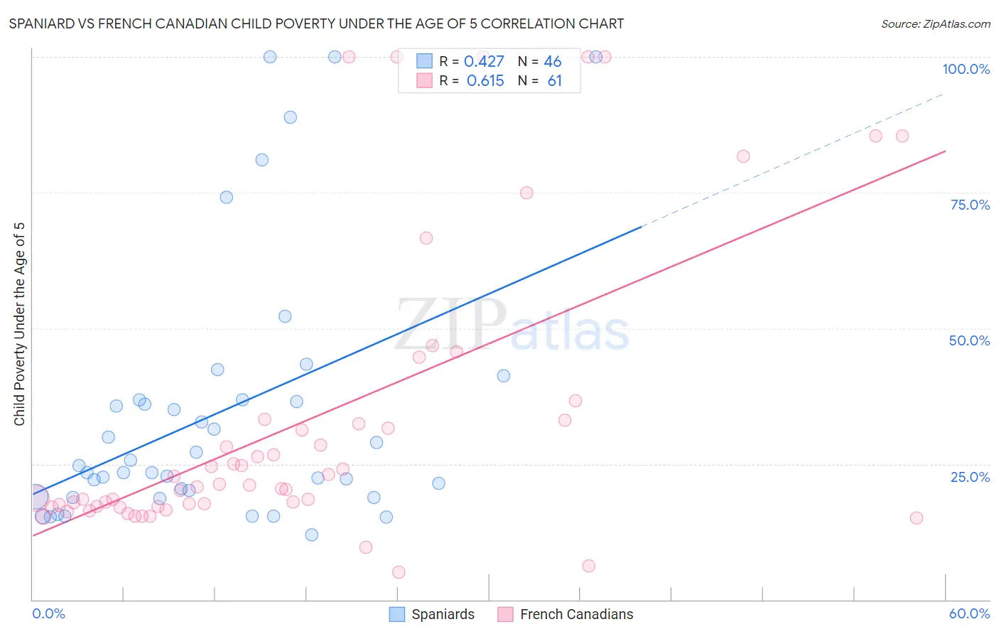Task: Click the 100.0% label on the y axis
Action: click(x=966, y=69)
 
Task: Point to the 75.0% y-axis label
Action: click(x=970, y=205)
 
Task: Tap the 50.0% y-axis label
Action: click(x=969, y=340)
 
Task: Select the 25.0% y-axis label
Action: click(x=970, y=476)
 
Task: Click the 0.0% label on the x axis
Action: click(x=48, y=613)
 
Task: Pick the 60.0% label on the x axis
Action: click(x=969, y=613)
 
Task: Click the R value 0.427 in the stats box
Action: click(x=484, y=61)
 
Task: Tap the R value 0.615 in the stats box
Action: click(x=485, y=81)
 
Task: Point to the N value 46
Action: click(x=553, y=61)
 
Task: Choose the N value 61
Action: click(x=554, y=81)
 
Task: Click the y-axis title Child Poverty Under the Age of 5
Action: click(x=19, y=324)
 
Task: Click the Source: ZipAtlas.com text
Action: click(x=935, y=23)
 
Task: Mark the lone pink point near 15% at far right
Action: click(x=917, y=517)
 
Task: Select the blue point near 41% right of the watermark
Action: click(x=504, y=376)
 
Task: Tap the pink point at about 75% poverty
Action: click(x=526, y=193)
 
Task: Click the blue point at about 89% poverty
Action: click(x=291, y=117)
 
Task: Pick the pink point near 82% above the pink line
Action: click(x=743, y=156)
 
